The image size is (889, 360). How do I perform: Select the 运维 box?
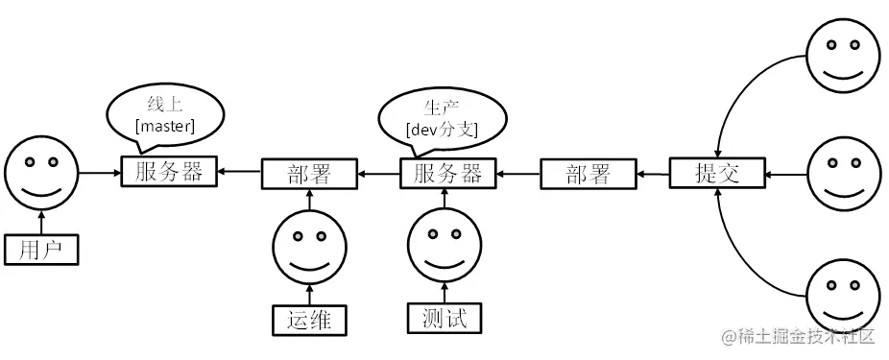[x=307, y=318]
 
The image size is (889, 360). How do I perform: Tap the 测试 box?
[x=444, y=318]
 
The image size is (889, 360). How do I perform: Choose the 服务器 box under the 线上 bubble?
[x=169, y=173]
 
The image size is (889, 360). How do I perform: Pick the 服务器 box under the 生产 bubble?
[x=447, y=174]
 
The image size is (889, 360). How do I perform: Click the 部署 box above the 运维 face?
[x=308, y=174]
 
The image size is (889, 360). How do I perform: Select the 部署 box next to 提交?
[x=588, y=174]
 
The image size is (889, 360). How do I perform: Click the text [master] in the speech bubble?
[x=166, y=126]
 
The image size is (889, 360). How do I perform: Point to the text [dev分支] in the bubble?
[x=442, y=129]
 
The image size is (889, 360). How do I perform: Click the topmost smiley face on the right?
[x=842, y=55]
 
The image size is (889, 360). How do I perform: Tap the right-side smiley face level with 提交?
[x=842, y=174]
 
